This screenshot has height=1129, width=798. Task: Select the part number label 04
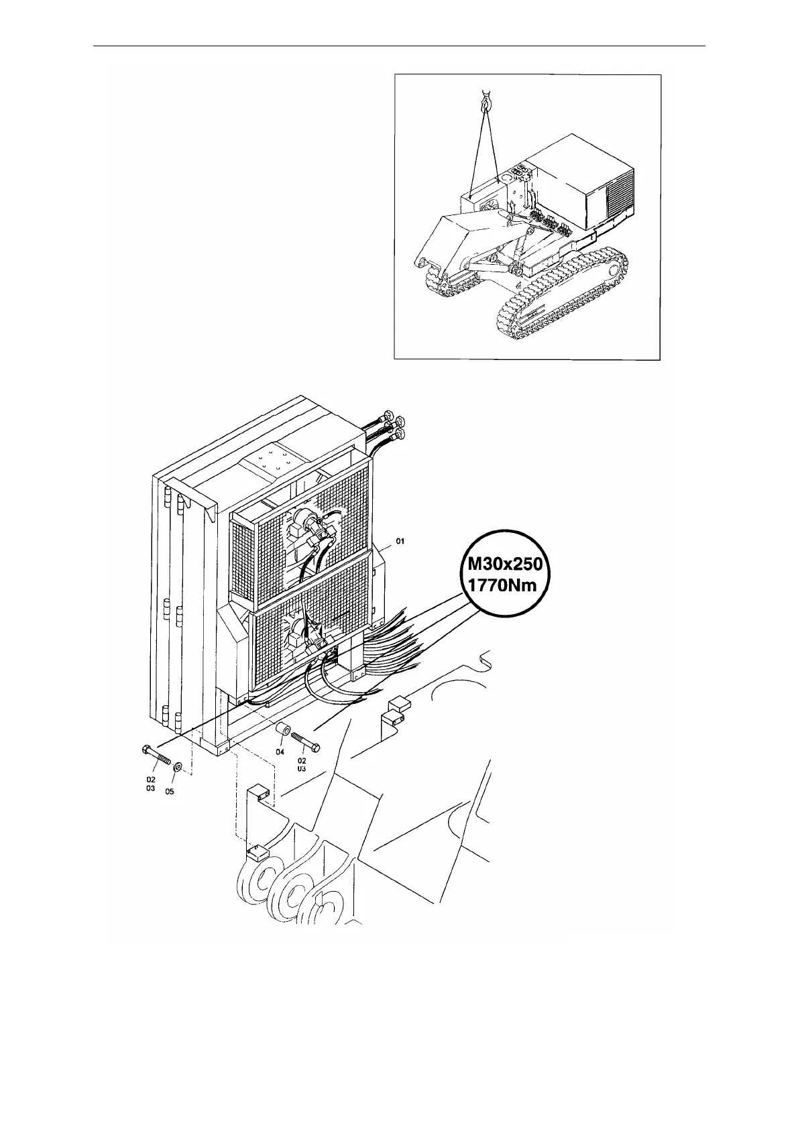tap(280, 752)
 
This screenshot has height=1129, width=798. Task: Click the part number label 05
tap(170, 791)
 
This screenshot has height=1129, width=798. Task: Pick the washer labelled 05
tap(178, 767)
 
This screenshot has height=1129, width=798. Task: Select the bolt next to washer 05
tap(156, 756)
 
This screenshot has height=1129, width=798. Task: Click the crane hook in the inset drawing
tap(485, 102)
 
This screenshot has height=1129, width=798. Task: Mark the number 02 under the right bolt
tap(302, 761)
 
